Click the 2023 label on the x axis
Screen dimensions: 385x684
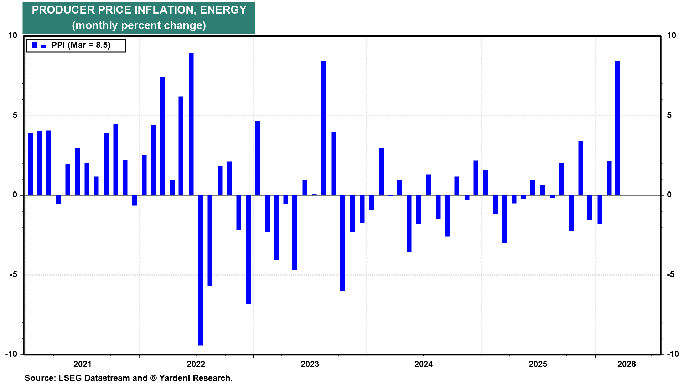tap(310, 364)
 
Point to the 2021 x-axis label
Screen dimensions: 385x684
tap(82, 364)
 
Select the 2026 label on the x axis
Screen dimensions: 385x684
tap(626, 364)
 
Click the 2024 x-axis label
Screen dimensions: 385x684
tap(423, 364)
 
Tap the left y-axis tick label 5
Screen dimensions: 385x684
tap(15, 115)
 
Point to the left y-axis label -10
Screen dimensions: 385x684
tap(11, 354)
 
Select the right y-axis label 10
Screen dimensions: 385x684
tap(671, 35)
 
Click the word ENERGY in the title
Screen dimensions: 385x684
tap(223, 10)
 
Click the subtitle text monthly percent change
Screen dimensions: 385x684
tap(139, 25)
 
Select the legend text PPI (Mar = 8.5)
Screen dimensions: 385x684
tap(81, 45)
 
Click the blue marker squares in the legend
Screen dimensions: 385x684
tap(38, 45)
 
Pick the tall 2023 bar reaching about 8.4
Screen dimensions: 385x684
tap(323, 128)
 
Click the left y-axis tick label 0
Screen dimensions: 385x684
tap(15, 195)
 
